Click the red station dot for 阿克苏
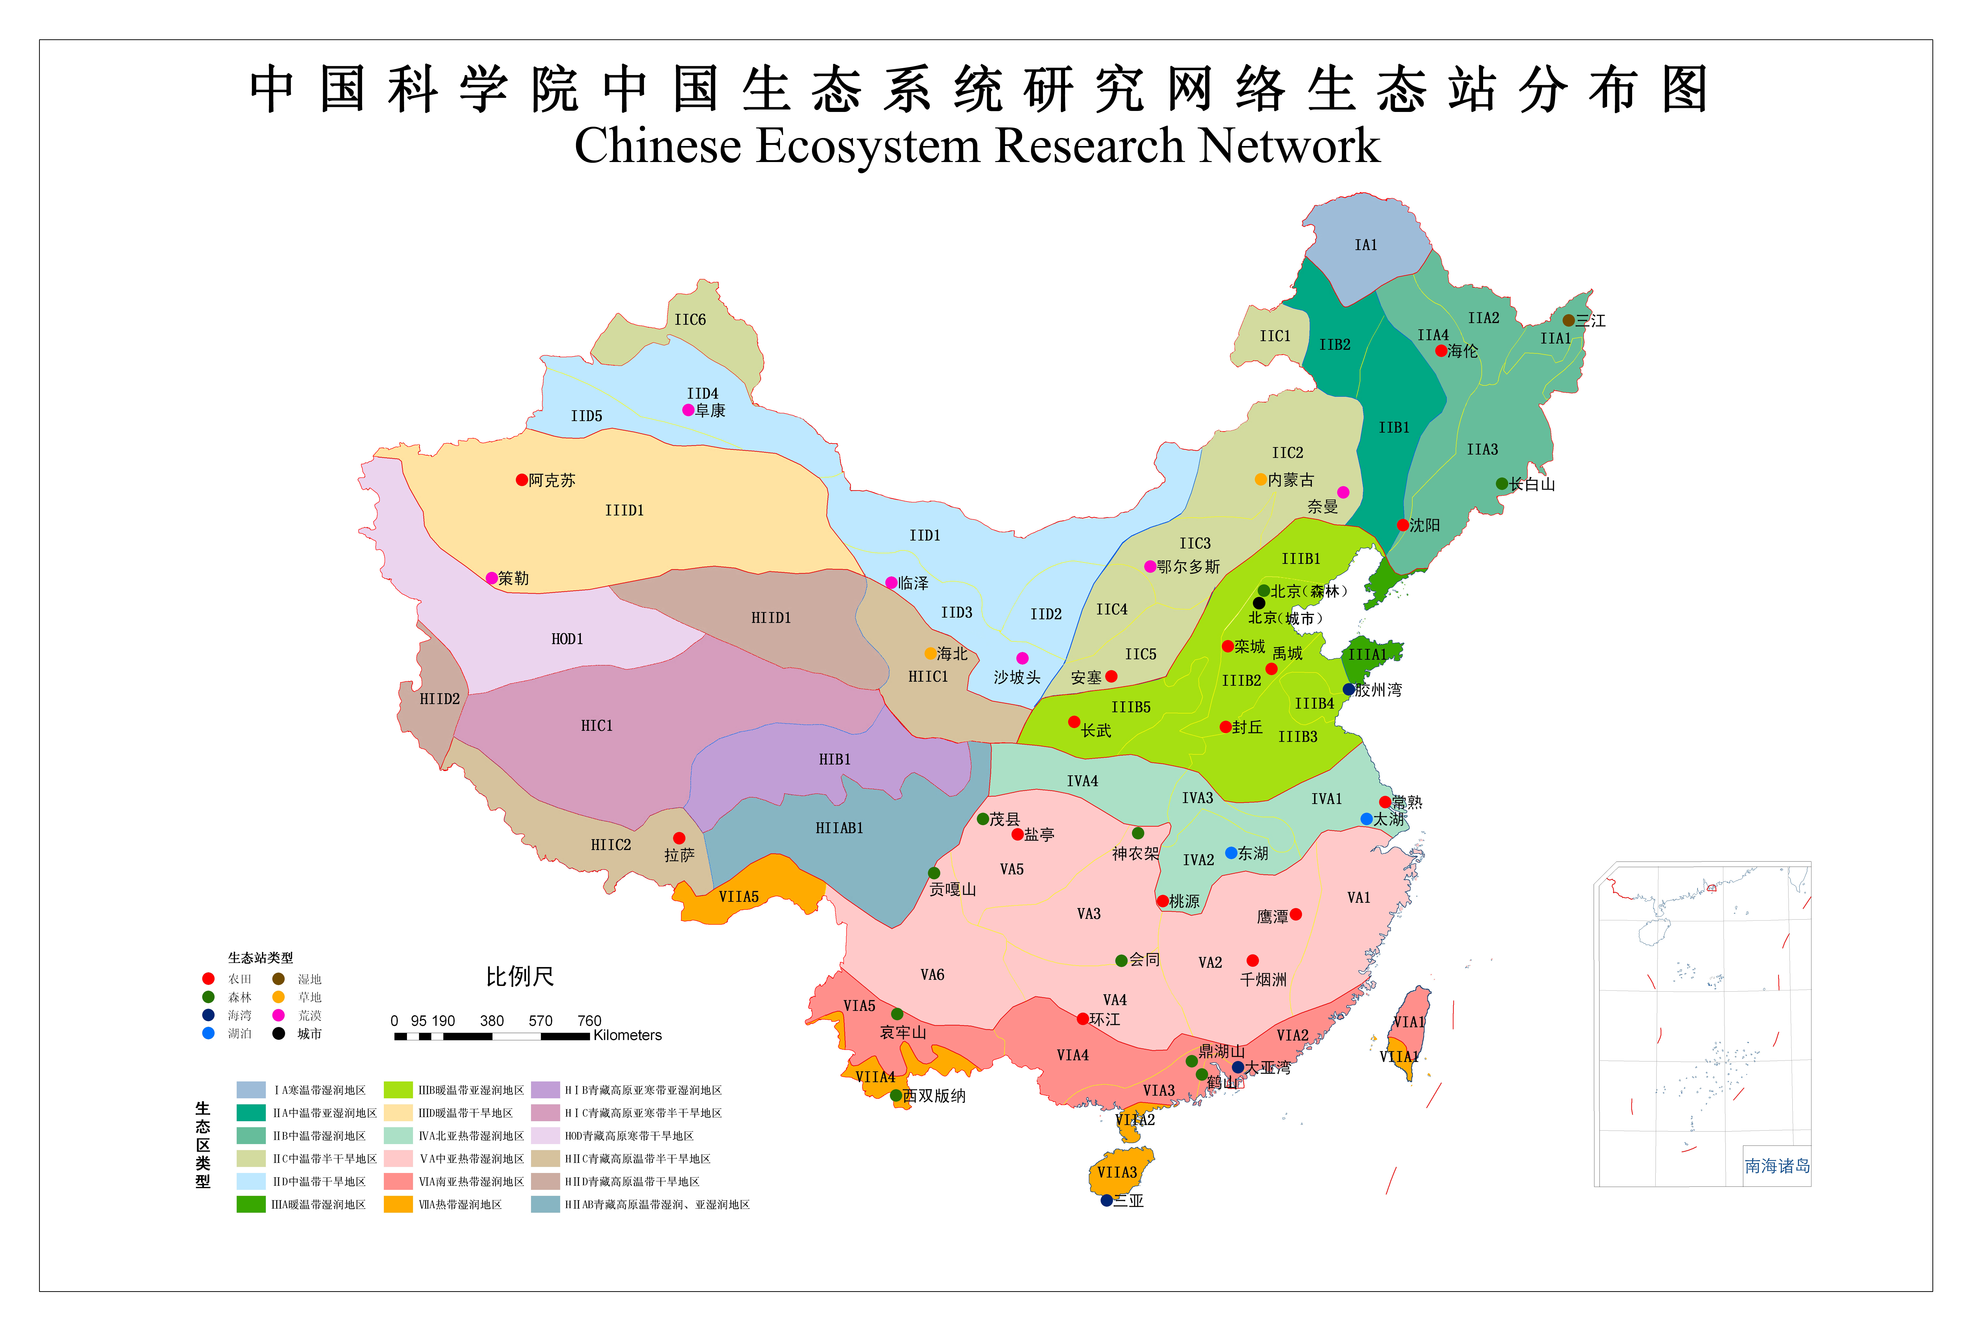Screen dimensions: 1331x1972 point(522,480)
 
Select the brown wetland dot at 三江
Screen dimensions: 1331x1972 point(1568,321)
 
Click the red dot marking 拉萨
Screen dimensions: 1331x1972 point(679,838)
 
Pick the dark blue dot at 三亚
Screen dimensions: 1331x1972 point(1106,1200)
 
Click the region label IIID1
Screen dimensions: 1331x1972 point(625,510)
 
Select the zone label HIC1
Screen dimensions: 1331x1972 point(597,725)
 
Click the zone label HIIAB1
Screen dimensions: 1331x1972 point(839,828)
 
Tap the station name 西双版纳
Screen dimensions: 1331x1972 point(934,1096)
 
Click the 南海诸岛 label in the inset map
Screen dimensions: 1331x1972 point(1777,1166)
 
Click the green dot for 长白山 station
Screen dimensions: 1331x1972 point(1502,484)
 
